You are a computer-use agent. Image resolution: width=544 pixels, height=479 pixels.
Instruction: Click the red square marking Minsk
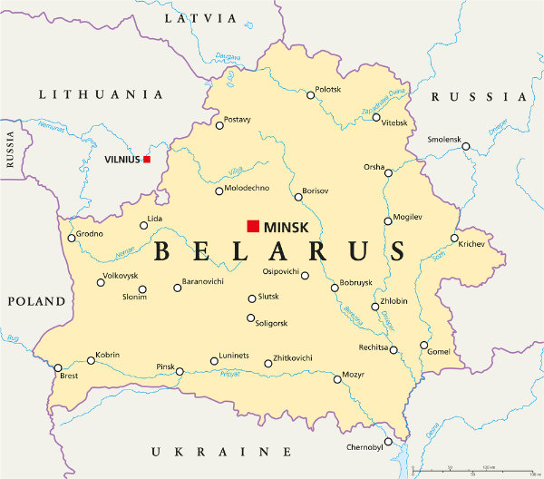coord(253,226)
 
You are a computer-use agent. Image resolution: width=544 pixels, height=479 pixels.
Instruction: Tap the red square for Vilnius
coord(147,160)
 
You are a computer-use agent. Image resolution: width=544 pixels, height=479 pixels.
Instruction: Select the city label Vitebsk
coord(394,122)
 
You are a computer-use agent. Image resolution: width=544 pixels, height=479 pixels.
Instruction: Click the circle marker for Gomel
coord(423,345)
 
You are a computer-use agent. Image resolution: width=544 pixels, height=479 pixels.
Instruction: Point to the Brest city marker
coord(58,367)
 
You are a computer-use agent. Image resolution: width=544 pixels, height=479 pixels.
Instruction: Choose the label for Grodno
coord(90,233)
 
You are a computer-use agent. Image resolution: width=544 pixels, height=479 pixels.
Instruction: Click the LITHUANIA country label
coord(100,94)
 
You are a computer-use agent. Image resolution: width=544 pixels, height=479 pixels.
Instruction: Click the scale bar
coord(471,471)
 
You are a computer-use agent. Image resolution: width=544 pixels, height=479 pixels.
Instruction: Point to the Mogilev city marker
coord(387,220)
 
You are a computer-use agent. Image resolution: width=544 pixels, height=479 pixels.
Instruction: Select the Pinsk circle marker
coord(180,371)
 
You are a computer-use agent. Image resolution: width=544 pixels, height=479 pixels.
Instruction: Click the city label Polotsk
coord(327,90)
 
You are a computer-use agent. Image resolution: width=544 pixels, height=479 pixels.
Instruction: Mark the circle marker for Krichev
coord(454,239)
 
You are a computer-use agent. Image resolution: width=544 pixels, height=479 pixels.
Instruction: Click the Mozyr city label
coord(353,373)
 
